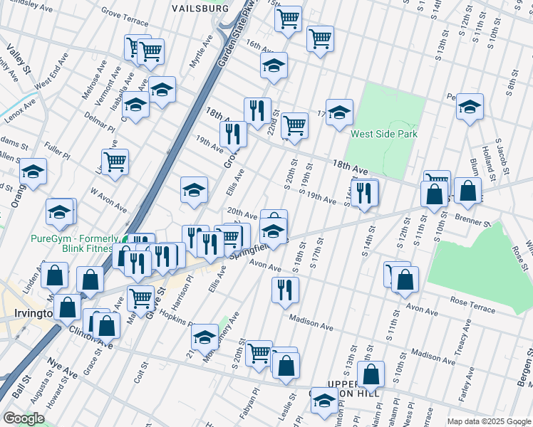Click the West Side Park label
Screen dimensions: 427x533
[383, 134]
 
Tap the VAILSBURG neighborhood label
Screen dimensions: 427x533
[200, 8]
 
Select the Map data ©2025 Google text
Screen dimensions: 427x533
[489, 421]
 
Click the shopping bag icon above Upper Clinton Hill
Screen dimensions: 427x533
[371, 373]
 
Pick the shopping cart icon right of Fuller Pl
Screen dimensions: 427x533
[115, 160]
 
